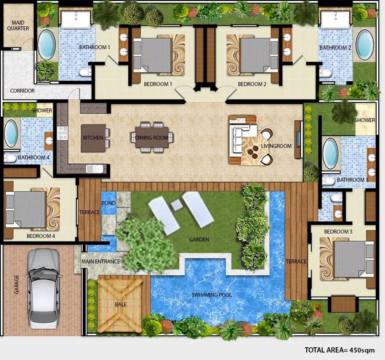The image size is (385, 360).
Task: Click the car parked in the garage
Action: point(44,288)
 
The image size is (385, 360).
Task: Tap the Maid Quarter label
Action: point(18,25)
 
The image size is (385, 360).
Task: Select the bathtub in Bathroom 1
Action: point(47,45)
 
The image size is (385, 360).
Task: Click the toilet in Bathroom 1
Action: point(85,72)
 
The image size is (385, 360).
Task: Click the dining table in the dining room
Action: point(152,137)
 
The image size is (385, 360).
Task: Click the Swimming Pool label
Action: point(212,295)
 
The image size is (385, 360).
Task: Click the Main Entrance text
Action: point(101,261)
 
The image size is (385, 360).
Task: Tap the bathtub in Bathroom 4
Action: point(11,133)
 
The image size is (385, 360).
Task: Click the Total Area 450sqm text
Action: point(340,350)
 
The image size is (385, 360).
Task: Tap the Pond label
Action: point(108,203)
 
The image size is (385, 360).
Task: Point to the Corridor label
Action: point(22,91)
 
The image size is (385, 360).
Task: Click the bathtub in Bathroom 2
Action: point(365,45)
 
